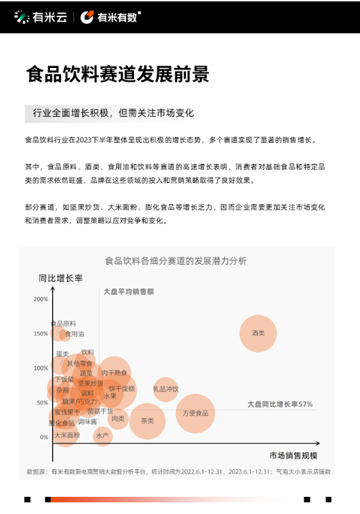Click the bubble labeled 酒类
click(x=258, y=333)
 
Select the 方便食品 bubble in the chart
click(x=195, y=413)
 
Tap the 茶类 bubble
click(x=147, y=421)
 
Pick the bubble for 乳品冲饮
click(x=166, y=389)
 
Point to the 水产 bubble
click(x=102, y=435)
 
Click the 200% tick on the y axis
click(x=41, y=299)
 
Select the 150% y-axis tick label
click(x=41, y=334)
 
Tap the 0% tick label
click(x=43, y=437)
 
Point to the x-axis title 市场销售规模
click(x=293, y=456)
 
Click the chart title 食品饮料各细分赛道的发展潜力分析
click(x=175, y=261)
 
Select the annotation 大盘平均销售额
click(x=128, y=291)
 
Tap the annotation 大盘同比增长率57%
click(x=280, y=404)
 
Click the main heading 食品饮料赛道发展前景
click(x=117, y=74)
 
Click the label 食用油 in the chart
click(x=74, y=334)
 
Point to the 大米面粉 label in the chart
click(x=67, y=435)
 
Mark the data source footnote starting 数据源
click(x=179, y=472)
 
